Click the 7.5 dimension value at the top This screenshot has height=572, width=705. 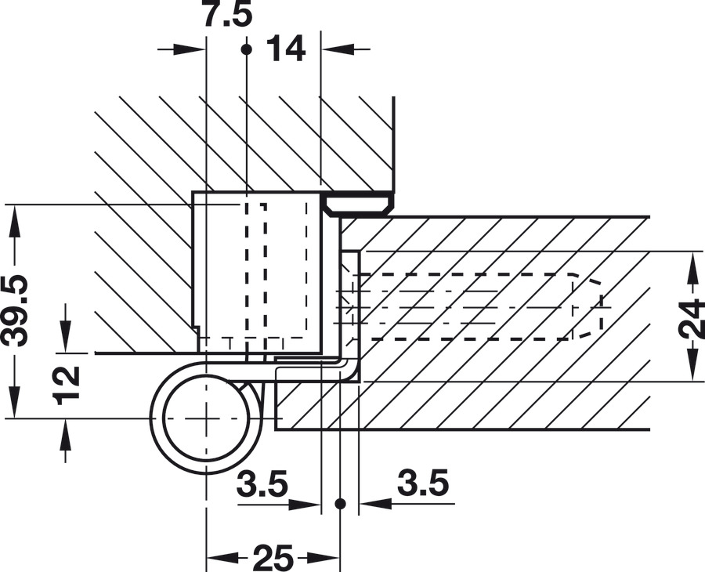(227, 14)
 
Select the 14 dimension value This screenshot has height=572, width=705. (286, 49)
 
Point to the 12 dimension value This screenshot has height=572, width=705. (66, 386)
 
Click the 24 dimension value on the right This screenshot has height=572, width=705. (692, 318)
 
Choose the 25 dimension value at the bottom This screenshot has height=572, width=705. (273, 558)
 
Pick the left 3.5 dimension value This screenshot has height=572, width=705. (262, 483)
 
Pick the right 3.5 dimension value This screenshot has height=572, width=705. (423, 483)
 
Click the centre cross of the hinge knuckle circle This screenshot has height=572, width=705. (206, 418)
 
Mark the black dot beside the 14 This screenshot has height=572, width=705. (247, 49)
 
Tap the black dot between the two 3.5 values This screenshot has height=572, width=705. (341, 504)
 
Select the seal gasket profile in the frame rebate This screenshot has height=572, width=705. (358, 205)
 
